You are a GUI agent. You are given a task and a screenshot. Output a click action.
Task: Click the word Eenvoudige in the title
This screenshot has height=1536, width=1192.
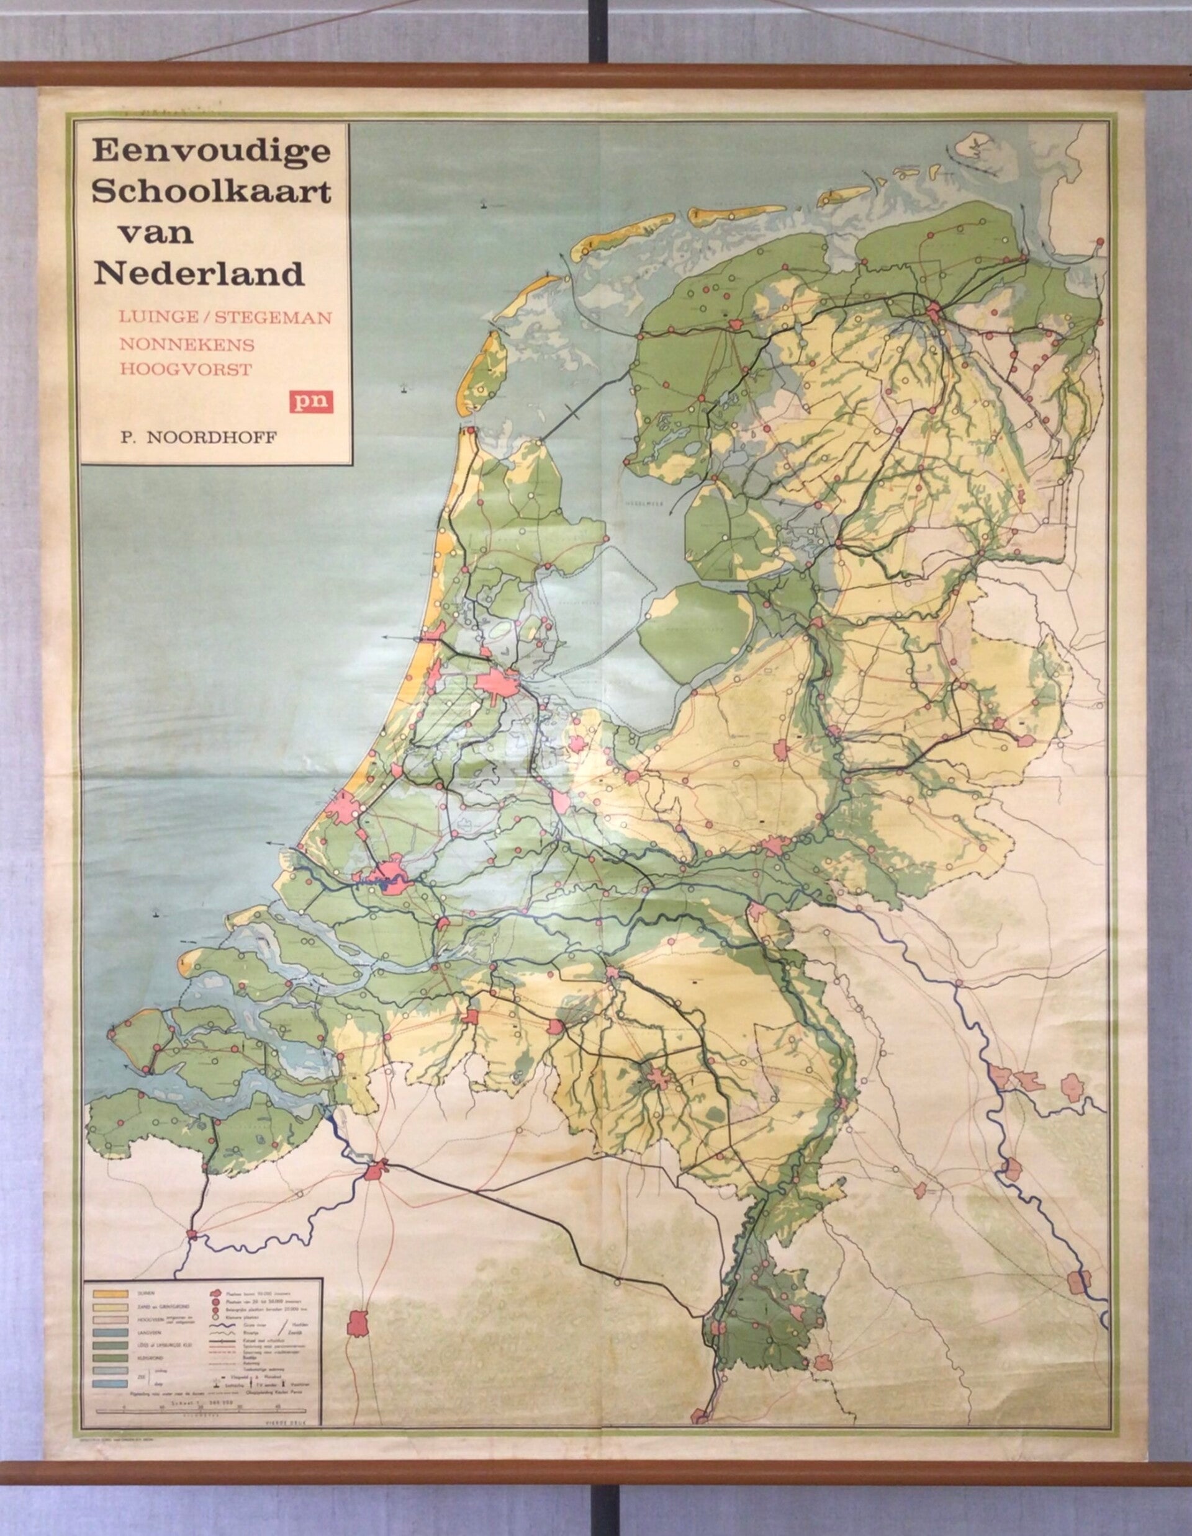[x=210, y=151]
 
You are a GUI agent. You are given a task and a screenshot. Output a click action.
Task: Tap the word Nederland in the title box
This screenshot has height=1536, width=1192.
[x=199, y=274]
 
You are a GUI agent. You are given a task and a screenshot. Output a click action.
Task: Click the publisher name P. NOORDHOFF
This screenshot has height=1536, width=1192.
[x=199, y=437]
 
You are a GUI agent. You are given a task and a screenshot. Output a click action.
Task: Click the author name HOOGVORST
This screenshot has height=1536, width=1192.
[x=186, y=370]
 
